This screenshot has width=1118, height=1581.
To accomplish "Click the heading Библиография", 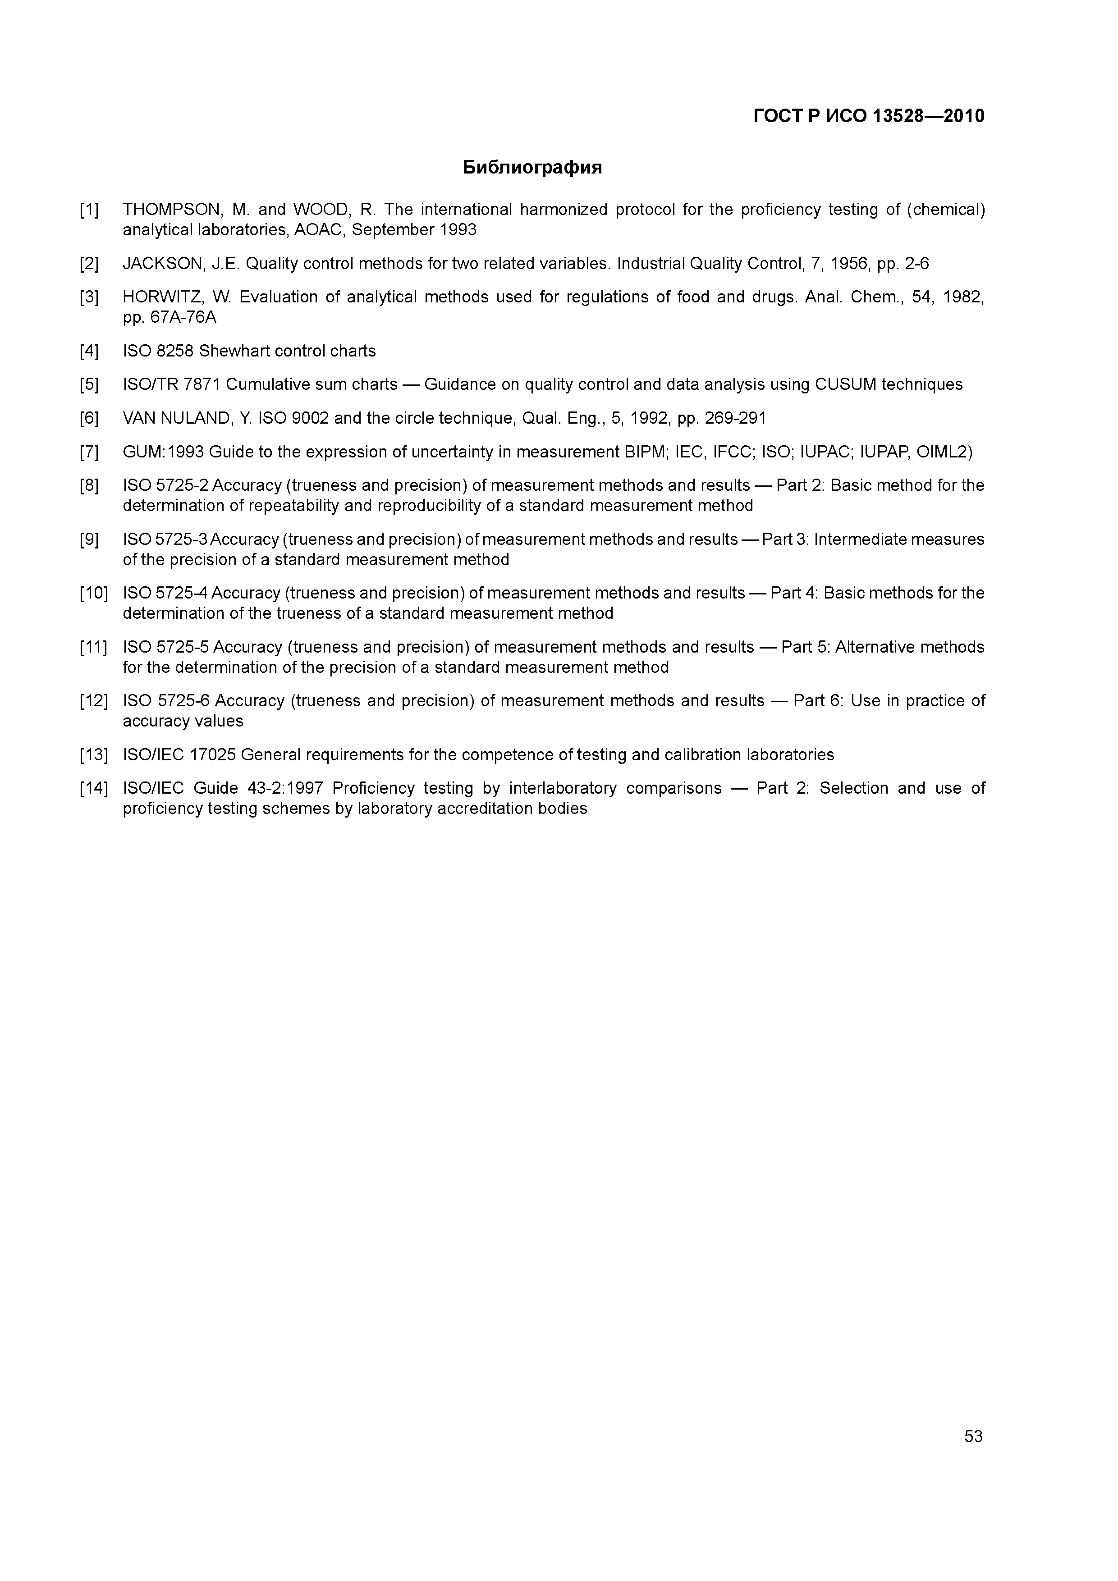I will (532, 167).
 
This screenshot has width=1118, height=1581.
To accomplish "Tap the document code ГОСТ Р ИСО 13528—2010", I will (869, 116).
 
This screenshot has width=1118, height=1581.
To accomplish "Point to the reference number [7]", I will (89, 452).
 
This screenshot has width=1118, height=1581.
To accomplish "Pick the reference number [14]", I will (94, 788).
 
